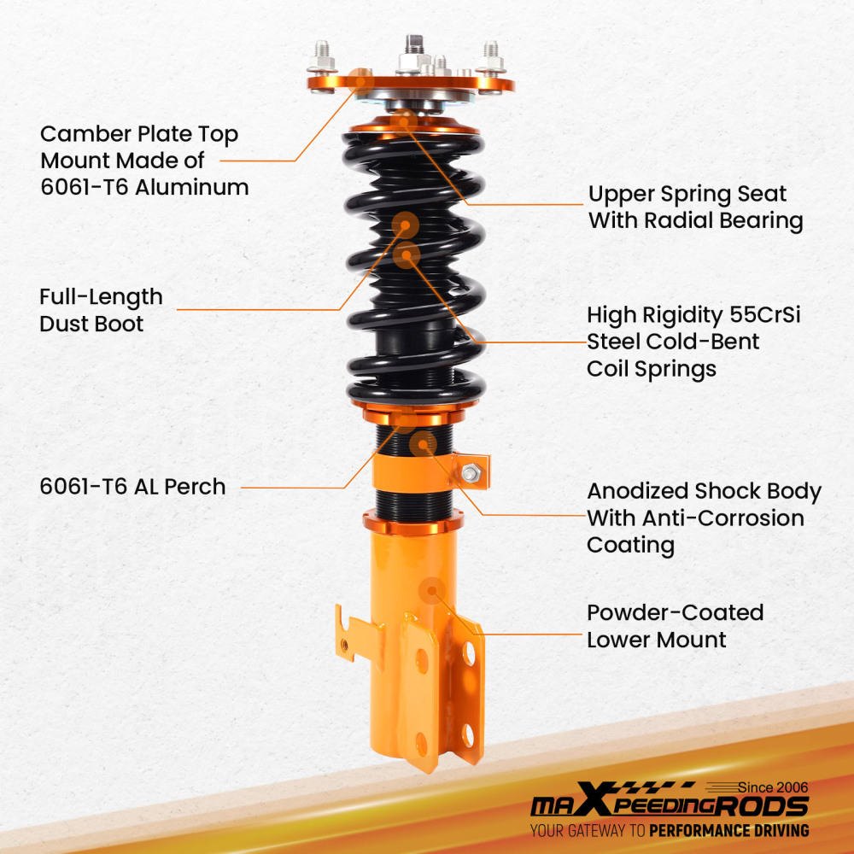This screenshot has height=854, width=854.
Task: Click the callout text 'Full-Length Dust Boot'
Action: tap(101, 310)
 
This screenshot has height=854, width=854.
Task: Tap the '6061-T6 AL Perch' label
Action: tap(132, 487)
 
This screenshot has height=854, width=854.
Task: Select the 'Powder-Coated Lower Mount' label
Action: tap(675, 626)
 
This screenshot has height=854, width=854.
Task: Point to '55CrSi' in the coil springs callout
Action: tap(765, 314)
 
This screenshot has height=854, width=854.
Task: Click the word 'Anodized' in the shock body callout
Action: tap(637, 491)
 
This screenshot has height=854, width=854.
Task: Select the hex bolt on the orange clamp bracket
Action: tap(471, 471)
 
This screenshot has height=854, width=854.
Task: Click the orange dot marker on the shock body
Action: tap(423, 444)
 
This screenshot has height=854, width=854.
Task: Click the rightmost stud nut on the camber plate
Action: tap(491, 60)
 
